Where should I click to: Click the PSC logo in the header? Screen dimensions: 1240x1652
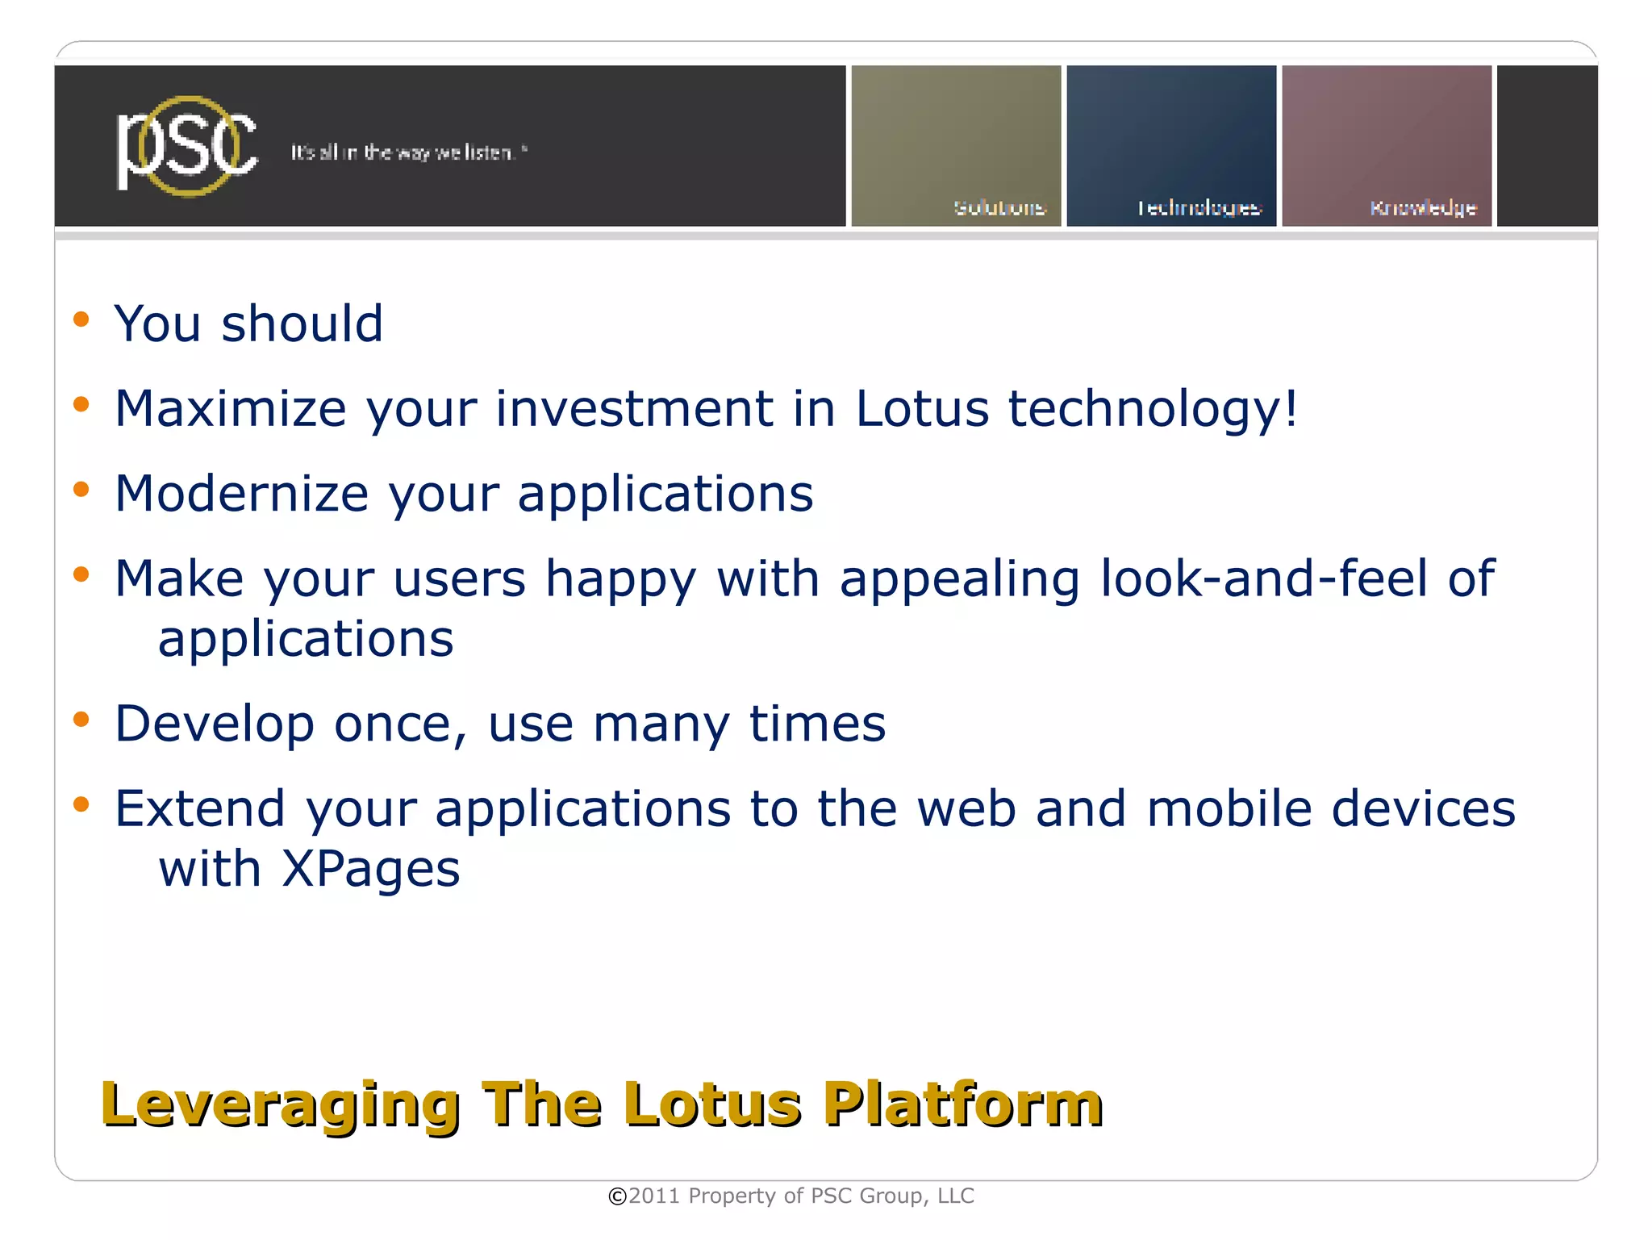click(187, 147)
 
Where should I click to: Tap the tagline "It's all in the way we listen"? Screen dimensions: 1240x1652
click(408, 152)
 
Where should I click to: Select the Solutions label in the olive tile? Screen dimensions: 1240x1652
click(999, 208)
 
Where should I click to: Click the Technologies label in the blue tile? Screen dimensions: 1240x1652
click(1199, 208)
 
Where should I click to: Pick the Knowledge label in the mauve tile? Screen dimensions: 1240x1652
click(1423, 208)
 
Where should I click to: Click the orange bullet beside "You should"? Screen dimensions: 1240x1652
click(81, 319)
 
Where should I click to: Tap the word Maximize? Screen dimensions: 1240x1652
click(231, 408)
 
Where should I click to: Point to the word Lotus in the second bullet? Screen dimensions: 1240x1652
click(921, 408)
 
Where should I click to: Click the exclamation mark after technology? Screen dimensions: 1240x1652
click(1291, 407)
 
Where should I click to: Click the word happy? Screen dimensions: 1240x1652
click(620, 581)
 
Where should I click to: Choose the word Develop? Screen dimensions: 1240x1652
click(215, 724)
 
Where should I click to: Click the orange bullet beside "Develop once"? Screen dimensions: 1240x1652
click(81, 718)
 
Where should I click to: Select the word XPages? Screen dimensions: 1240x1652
click(370, 870)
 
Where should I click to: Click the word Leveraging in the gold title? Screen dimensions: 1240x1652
click(281, 1105)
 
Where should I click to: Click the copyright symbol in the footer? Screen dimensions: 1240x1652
click(617, 1196)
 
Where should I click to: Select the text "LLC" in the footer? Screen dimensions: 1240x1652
click(956, 1196)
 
